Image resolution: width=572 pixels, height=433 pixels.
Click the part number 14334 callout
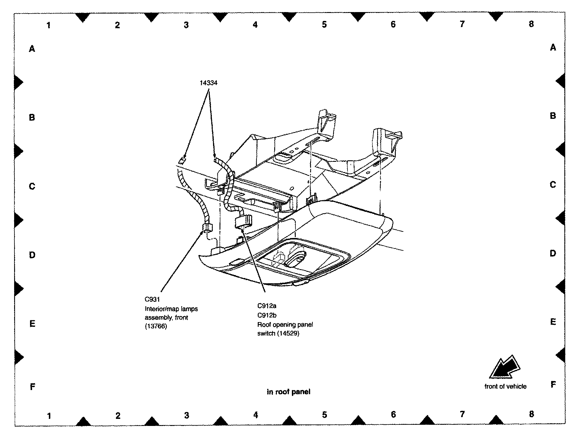pos(208,83)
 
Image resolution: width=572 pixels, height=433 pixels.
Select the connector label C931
pos(152,299)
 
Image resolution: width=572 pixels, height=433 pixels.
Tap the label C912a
pos(267,306)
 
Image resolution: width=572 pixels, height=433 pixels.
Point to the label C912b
pos(267,315)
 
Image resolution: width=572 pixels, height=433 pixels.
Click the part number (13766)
pos(156,326)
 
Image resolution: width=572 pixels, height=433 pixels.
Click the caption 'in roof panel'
pos(288,392)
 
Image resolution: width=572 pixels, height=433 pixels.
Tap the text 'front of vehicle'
pos(505,387)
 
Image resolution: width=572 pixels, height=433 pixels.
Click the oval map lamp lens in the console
pos(296,259)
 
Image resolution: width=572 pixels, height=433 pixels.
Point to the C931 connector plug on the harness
pos(207,227)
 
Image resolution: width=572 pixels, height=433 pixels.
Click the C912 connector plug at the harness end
pos(244,221)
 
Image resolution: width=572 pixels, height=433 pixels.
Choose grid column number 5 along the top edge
pos(324,24)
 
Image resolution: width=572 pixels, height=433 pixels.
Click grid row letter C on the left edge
pos(32,186)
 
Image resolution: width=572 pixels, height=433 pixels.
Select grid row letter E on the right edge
pos(553,322)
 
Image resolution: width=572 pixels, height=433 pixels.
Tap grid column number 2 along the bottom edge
pos(118,415)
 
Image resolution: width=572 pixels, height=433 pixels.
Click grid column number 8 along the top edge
pos(531,24)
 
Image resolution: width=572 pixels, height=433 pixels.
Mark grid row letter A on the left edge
pos(32,49)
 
